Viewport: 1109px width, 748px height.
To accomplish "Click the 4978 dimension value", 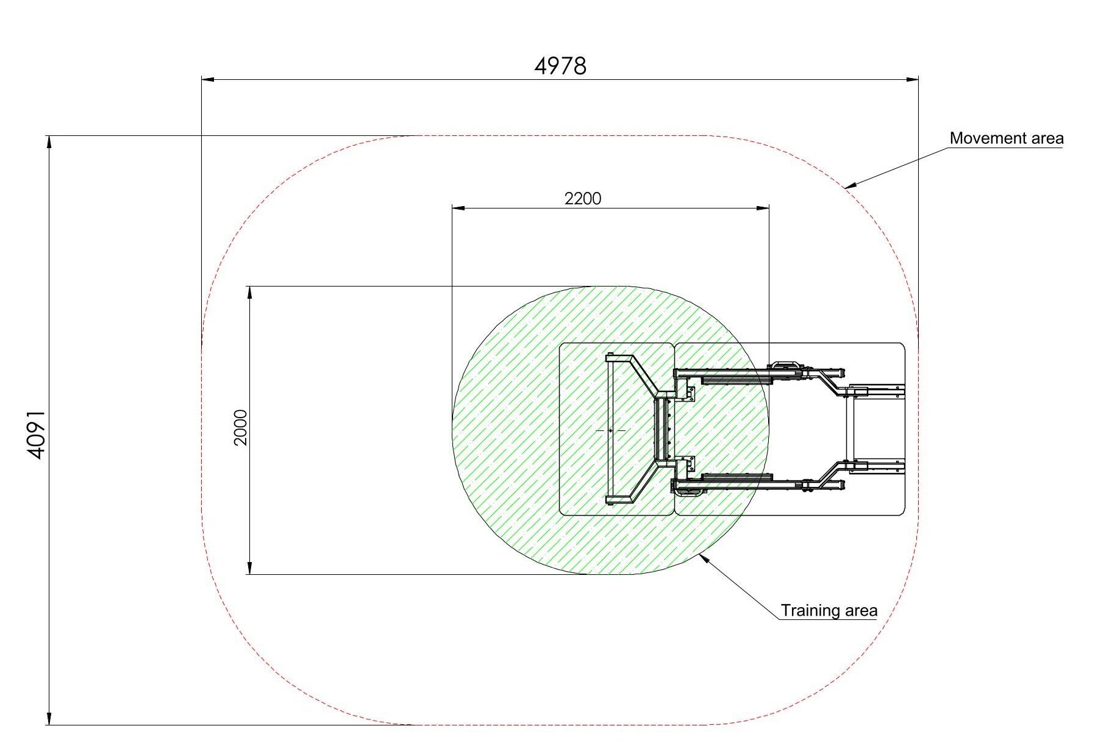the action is click(x=560, y=66).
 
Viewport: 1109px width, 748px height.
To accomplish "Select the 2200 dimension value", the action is click(x=583, y=199).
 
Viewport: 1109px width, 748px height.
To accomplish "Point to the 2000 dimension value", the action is click(x=241, y=428).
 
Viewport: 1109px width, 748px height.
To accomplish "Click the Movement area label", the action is click(x=1007, y=138).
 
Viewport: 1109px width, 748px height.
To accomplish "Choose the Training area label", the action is click(x=829, y=610).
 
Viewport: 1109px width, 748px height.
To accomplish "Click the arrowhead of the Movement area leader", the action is click(x=849, y=185).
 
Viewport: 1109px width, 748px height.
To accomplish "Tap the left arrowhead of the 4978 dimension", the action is click(x=208, y=79).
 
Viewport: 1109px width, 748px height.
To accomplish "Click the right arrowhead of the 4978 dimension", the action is click(x=912, y=79).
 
